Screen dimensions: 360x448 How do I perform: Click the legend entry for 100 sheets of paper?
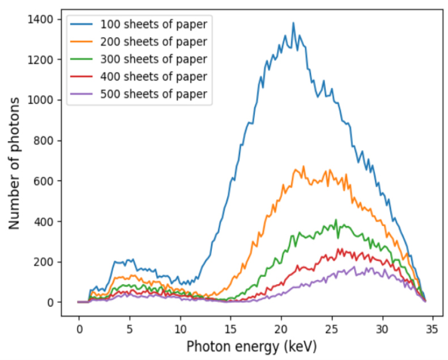(x=153, y=24)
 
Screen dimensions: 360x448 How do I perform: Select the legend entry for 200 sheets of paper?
(x=153, y=41)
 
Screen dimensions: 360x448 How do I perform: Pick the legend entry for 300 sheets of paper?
(x=153, y=59)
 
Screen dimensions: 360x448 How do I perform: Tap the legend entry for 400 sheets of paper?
(x=153, y=77)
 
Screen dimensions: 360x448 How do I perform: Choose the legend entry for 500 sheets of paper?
(x=153, y=94)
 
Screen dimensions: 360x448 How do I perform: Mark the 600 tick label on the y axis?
(x=45, y=181)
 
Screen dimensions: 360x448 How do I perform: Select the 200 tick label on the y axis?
(x=45, y=262)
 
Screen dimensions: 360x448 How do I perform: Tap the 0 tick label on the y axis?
(x=51, y=302)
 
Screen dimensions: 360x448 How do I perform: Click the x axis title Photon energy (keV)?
(x=251, y=346)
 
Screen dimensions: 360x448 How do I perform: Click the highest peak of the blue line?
(x=293, y=23)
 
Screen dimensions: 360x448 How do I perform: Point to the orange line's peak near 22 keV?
(x=304, y=167)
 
